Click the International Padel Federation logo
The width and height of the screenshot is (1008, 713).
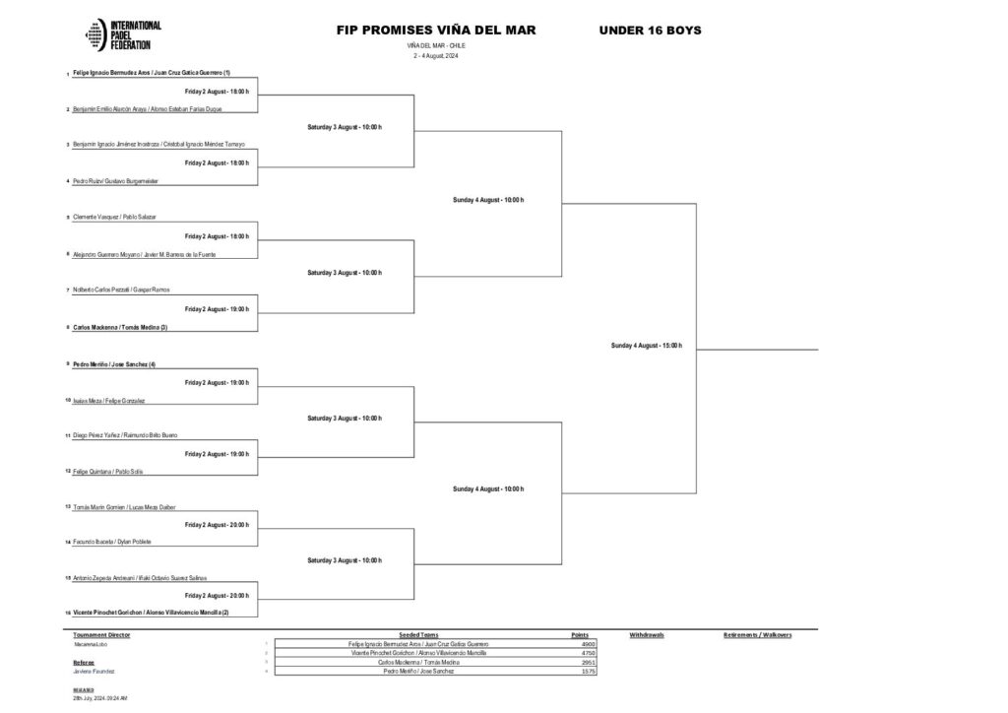click(x=124, y=35)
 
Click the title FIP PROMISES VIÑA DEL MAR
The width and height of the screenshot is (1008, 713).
click(x=436, y=31)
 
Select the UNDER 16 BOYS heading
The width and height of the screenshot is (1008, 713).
click(x=650, y=31)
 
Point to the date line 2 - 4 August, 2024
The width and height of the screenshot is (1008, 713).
click(x=436, y=56)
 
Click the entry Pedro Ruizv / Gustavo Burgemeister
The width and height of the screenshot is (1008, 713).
click(x=116, y=181)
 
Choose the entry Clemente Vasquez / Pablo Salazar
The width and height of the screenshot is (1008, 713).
click(x=114, y=216)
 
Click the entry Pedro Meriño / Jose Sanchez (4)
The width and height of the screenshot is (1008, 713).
click(x=114, y=364)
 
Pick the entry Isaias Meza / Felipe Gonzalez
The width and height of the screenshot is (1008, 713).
click(x=109, y=401)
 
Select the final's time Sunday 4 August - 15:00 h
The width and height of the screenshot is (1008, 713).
click(x=646, y=346)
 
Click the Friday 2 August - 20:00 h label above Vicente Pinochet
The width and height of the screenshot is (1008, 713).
click(x=217, y=596)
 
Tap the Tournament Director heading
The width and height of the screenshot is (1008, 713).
click(x=101, y=635)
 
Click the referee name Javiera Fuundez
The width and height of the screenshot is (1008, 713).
click(x=94, y=671)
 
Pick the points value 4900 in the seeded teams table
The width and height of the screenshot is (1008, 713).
click(x=589, y=644)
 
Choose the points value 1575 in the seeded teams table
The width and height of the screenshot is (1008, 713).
click(x=589, y=671)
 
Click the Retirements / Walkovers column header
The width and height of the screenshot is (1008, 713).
click(x=757, y=635)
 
